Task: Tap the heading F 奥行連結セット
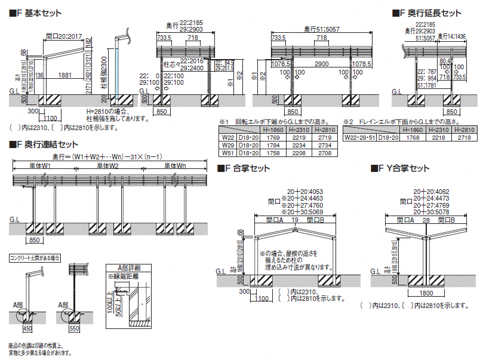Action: click(x=47, y=144)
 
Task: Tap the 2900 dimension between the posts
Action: click(x=322, y=63)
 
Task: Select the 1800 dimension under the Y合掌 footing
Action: click(x=426, y=294)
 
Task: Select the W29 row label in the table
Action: click(x=227, y=145)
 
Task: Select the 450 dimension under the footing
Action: click(x=27, y=328)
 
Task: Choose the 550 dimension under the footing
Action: click(x=73, y=328)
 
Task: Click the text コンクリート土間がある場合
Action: click(x=34, y=259)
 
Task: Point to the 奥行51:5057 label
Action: click(x=321, y=27)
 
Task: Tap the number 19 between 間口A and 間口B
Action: click(x=294, y=220)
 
